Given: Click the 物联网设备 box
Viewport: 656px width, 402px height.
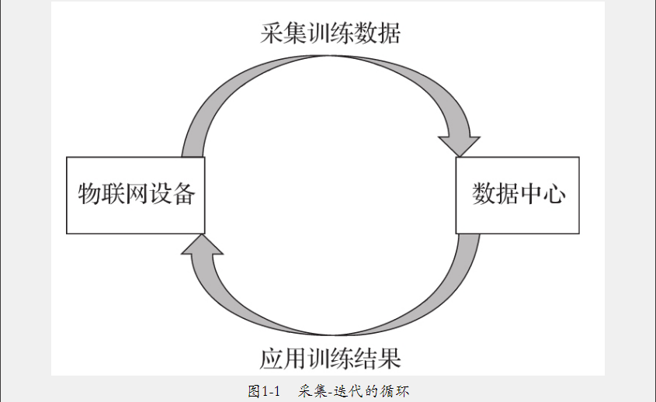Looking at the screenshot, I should pyautogui.click(x=136, y=195).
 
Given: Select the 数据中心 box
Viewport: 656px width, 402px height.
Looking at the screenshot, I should pyautogui.click(x=517, y=195).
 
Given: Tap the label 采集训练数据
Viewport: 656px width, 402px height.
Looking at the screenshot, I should pyautogui.click(x=330, y=35).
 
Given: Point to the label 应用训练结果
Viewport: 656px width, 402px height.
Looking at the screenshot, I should pyautogui.click(x=330, y=359).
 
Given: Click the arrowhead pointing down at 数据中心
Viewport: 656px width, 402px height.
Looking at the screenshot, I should pyautogui.click(x=459, y=144).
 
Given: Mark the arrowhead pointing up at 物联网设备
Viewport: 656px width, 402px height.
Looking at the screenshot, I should pyautogui.click(x=201, y=246).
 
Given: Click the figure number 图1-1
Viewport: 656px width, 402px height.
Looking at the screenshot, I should pyautogui.click(x=263, y=390).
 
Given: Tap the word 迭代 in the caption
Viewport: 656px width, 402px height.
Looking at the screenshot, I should pyautogui.click(x=345, y=390).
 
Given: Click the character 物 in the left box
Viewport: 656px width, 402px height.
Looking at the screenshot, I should pyautogui.click(x=89, y=194).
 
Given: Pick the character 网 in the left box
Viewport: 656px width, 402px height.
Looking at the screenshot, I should pyautogui.click(x=136, y=194).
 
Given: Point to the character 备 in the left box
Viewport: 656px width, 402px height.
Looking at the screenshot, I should pyautogui.click(x=182, y=194).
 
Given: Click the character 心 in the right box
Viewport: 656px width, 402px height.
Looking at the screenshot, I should pyautogui.click(x=553, y=194).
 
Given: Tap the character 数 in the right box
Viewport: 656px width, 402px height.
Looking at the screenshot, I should pyautogui.click(x=483, y=194).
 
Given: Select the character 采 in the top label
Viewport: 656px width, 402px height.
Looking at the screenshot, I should pyautogui.click(x=272, y=35).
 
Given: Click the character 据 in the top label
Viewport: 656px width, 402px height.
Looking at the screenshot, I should pyautogui.click(x=388, y=35).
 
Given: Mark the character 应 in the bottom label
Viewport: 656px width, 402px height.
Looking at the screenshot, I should pyautogui.click(x=272, y=359).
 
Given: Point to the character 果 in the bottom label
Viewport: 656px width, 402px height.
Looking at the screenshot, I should pyautogui.click(x=388, y=359).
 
